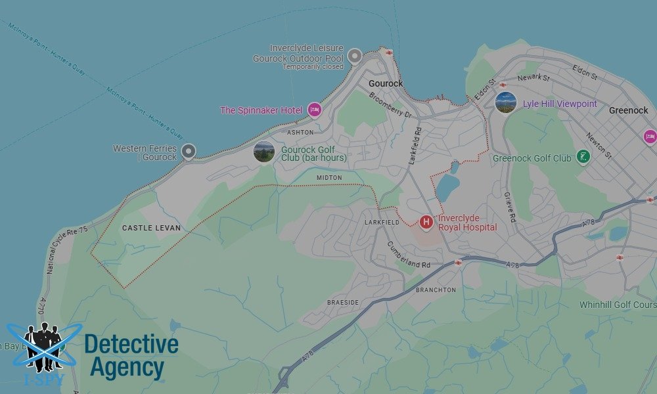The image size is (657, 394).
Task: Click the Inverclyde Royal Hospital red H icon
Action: pos(426,223)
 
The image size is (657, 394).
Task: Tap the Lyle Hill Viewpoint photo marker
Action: pos(505,103)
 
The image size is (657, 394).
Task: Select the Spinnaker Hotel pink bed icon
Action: pos(314,110)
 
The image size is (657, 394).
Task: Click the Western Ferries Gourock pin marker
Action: pos(189,152)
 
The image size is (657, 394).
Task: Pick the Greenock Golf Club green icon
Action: pos(582,157)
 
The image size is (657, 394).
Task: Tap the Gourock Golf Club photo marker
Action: pos(263,152)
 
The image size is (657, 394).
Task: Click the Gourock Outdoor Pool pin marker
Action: pos(355,56)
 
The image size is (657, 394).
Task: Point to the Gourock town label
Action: pos(386,84)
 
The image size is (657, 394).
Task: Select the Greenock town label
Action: pos(628,110)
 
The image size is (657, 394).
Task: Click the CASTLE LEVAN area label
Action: pos(151,228)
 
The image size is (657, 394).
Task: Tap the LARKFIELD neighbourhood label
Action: pos(382,223)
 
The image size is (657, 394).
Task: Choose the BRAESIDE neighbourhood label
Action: pos(343,303)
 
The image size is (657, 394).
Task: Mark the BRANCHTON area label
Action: pos(436,290)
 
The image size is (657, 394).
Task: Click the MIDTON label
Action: pos(329,178)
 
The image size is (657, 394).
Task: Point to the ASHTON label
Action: pos(300,132)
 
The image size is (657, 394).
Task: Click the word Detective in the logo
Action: pos(131,345)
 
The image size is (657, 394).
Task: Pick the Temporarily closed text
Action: pos(313,67)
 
